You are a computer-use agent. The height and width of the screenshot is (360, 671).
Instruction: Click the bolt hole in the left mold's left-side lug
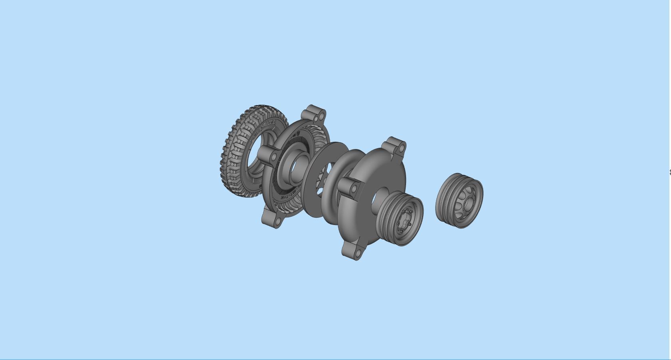[x=273, y=158]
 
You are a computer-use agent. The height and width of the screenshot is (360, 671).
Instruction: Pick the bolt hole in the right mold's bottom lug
[x=357, y=253]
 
